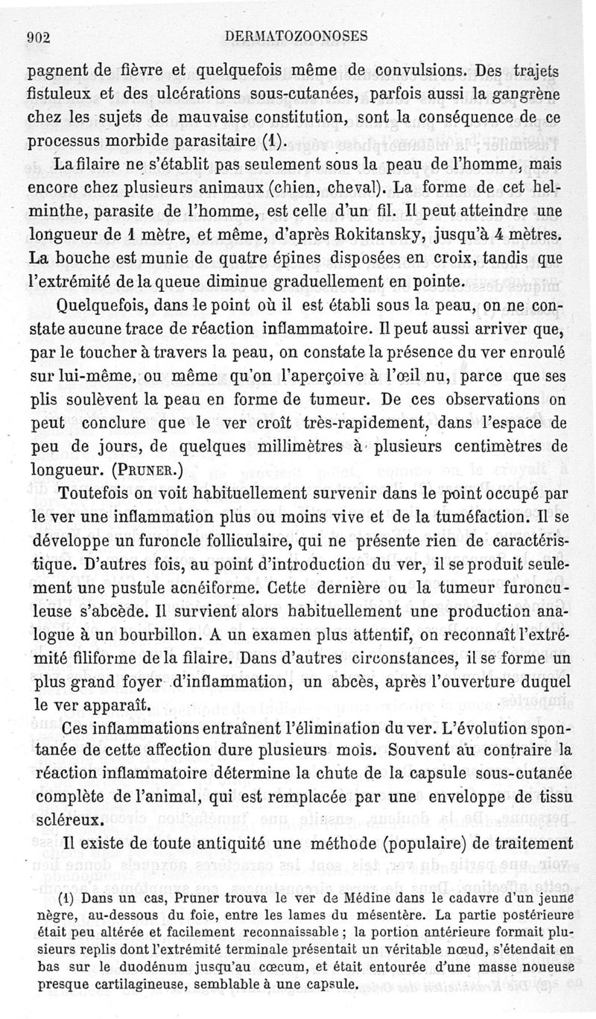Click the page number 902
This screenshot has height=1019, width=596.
pos(37,36)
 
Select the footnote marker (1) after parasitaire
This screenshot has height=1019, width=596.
pos(274,141)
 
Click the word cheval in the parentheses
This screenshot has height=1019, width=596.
pos(355,188)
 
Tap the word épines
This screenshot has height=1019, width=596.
pos(267,258)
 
